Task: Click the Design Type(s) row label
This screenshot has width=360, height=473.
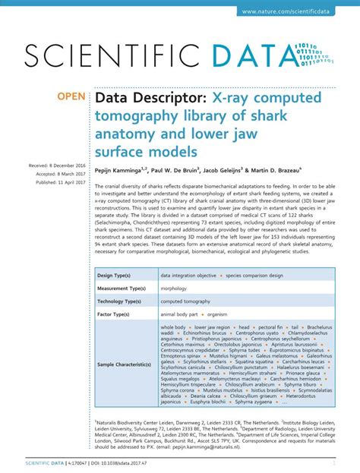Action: click(x=115, y=274)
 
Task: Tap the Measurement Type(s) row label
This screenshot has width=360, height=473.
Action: click(x=124, y=288)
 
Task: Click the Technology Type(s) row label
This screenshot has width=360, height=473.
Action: click(x=122, y=301)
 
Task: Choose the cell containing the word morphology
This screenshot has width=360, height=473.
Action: click(x=175, y=288)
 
